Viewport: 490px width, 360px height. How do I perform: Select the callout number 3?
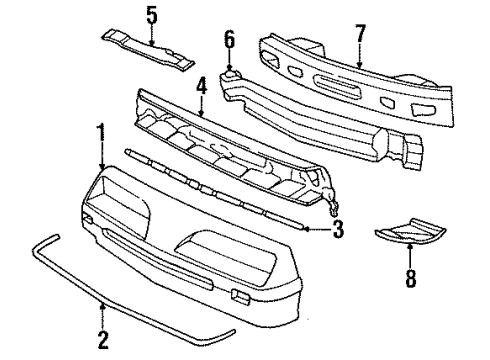tap(338, 230)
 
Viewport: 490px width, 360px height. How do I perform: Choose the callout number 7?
tap(360, 35)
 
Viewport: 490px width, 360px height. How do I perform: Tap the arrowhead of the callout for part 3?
tap(306, 229)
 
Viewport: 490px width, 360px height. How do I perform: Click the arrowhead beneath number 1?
tap(102, 165)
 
